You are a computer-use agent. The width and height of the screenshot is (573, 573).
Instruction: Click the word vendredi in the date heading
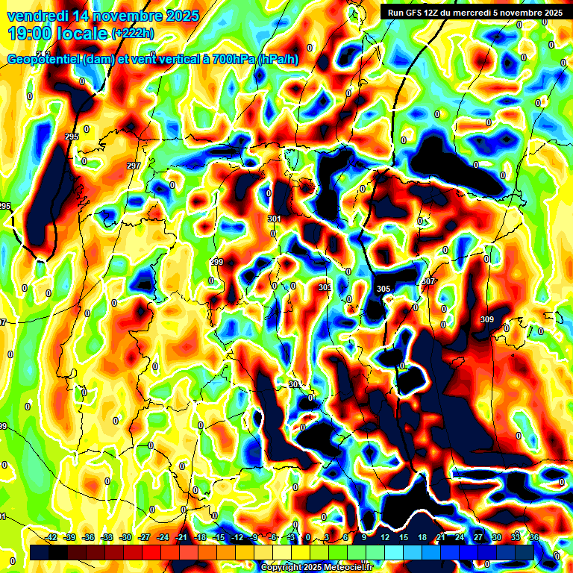35,16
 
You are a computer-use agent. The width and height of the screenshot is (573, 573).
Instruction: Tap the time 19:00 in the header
31,34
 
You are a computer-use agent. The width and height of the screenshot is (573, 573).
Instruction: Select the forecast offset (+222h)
132,34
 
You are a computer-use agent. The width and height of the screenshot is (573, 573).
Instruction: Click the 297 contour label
134,166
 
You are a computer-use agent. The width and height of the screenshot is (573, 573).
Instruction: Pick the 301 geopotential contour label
274,219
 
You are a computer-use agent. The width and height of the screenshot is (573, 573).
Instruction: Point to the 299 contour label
216,262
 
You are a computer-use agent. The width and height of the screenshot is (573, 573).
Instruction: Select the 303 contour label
325,287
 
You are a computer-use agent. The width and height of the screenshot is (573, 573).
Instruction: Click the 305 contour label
383,289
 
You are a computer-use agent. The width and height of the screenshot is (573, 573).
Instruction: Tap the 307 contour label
428,281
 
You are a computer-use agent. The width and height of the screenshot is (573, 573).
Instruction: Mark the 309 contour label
486,319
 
